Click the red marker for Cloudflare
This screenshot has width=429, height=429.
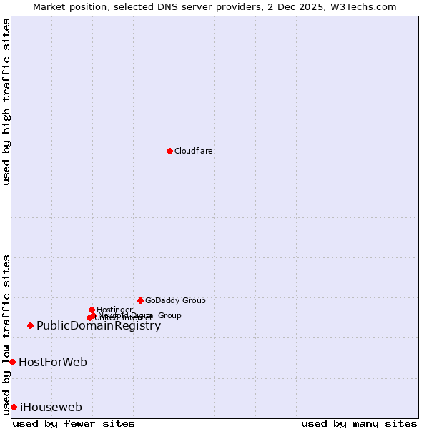pos(169,151)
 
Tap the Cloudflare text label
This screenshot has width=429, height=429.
pos(194,151)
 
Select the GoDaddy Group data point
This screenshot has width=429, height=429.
pos(140,300)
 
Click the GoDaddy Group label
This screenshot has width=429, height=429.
pos(175,300)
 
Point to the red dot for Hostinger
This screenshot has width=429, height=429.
pos(92,310)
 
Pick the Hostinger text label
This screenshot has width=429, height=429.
pos(114,310)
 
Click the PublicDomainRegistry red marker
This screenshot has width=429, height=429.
pos(30,325)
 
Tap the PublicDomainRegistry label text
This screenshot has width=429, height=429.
pos(99,326)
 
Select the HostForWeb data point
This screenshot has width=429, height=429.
pos(12,362)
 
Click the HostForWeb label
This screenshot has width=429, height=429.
pos(53,363)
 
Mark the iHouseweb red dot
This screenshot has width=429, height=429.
pos(14,407)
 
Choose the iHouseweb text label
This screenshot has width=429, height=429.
pos(51,408)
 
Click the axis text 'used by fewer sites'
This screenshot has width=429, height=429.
pos(74,423)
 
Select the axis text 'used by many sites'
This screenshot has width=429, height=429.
pos(359,423)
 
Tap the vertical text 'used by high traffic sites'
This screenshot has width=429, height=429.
pos(6,102)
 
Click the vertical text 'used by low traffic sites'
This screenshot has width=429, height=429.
pos(6,334)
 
